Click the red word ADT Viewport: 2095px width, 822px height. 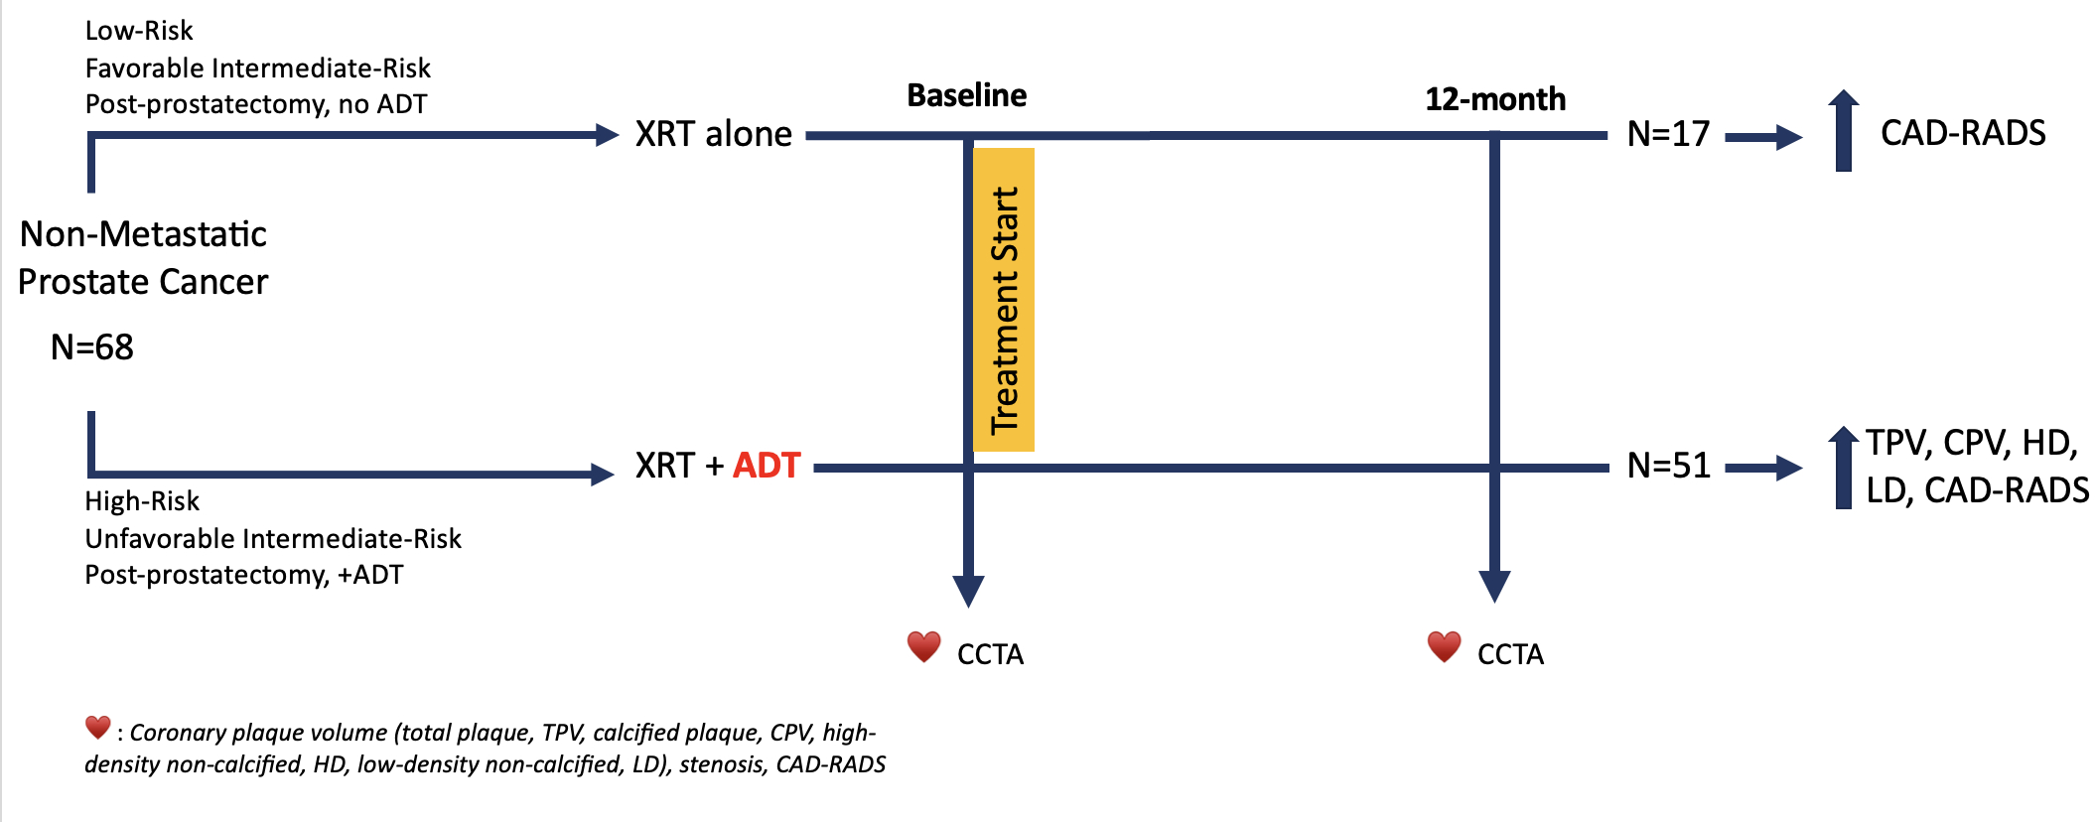coord(767,466)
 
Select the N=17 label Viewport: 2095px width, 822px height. coord(1668,134)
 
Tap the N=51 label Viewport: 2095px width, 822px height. coord(1668,466)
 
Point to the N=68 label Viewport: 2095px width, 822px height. coord(92,347)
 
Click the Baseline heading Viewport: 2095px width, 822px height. coord(967,95)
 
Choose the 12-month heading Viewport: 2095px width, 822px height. coord(1495,99)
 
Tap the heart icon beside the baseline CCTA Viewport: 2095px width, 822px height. coord(924,647)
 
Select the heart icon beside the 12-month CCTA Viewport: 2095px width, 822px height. coord(1445,647)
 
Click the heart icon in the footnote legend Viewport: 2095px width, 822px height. coord(97,728)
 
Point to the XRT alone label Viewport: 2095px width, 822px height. coord(714,134)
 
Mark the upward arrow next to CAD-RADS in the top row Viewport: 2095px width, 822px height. coord(1844,130)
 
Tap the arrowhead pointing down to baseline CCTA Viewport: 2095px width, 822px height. coord(968,590)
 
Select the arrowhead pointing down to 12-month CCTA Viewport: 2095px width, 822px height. coord(1494,586)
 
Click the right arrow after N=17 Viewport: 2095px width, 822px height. coord(1764,137)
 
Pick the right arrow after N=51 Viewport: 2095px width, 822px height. coord(1764,468)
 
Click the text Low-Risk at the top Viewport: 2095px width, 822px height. coord(139,31)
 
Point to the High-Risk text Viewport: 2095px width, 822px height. coord(142,501)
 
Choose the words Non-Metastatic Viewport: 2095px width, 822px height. coord(143,235)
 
